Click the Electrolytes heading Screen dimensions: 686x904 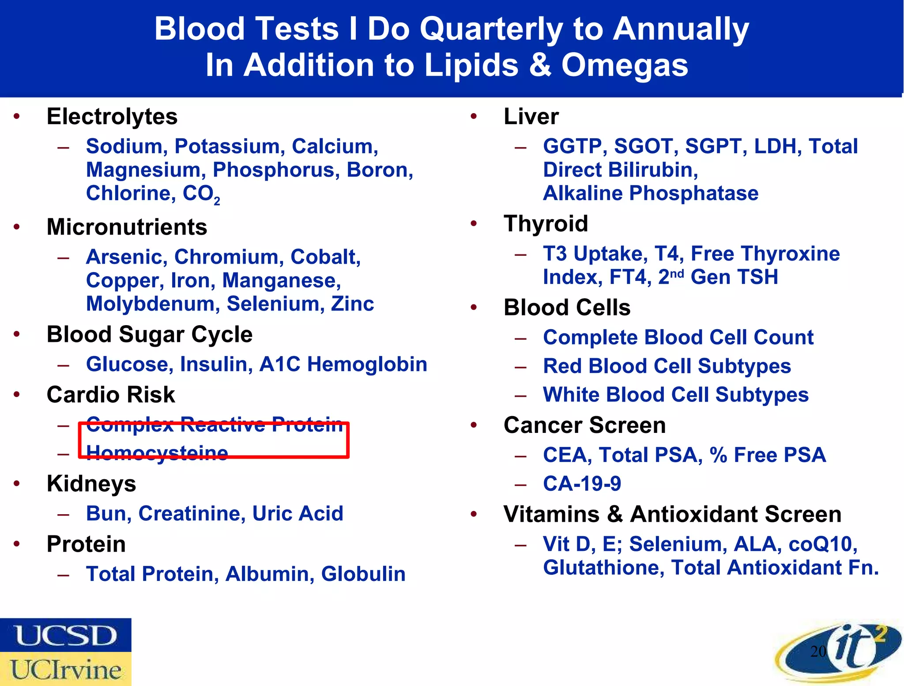[x=112, y=117]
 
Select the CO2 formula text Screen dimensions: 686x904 [x=201, y=194]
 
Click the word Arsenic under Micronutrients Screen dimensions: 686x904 [x=126, y=257]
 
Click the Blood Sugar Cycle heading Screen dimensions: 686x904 [x=150, y=334]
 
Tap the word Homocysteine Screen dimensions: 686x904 [x=157, y=453]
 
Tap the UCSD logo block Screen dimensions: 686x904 [x=65, y=635]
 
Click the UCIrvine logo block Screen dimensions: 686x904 [x=65, y=669]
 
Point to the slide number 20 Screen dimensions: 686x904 [x=818, y=651]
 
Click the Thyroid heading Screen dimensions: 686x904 [x=546, y=224]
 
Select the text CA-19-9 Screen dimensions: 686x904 [x=582, y=484]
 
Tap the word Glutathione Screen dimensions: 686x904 [x=603, y=568]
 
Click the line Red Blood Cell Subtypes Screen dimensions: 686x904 [x=667, y=366]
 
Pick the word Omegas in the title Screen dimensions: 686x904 [x=624, y=65]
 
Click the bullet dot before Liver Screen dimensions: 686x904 [x=474, y=117]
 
